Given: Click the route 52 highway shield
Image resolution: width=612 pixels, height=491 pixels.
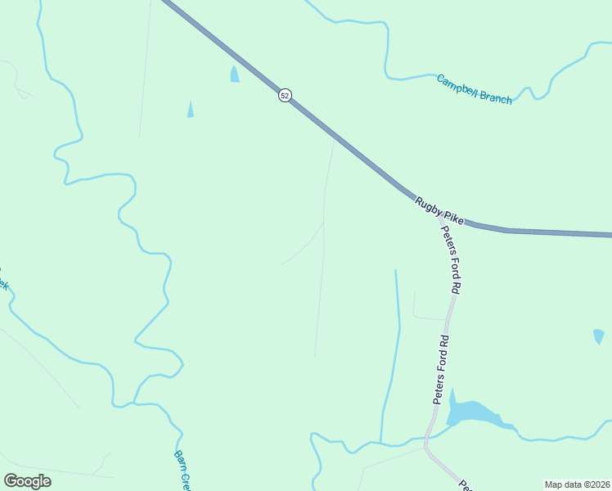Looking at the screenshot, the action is [x=284, y=95].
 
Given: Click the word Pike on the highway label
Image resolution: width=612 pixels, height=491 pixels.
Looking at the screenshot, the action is [x=452, y=218].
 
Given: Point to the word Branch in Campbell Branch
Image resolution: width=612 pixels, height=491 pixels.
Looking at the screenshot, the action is [x=497, y=97].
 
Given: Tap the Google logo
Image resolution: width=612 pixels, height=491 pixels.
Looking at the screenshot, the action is [x=27, y=481].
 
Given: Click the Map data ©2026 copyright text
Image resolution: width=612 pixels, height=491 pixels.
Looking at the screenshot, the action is [x=577, y=484].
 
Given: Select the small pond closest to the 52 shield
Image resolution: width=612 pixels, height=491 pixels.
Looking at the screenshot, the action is [x=235, y=74].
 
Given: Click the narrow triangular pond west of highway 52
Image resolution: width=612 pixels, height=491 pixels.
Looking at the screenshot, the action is [x=191, y=110].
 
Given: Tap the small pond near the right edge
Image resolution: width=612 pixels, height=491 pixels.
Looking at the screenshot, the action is [x=598, y=336].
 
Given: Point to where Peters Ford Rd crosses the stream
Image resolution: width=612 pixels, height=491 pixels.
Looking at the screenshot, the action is [x=425, y=439].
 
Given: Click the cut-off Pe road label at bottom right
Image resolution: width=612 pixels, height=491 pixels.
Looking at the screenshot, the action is [x=464, y=485].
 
